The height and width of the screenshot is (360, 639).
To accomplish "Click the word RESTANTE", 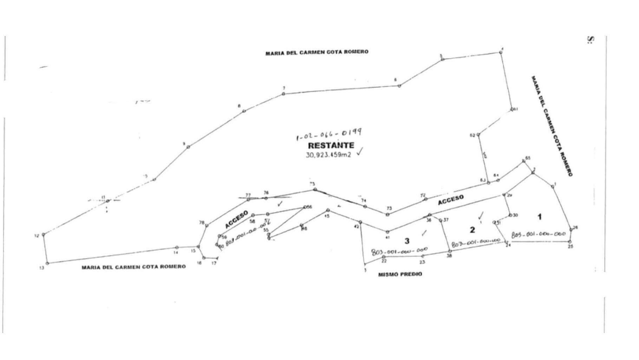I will click(x=331, y=145).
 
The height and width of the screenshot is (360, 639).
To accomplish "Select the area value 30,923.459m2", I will click(x=328, y=155).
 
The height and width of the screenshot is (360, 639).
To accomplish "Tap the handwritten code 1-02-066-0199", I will click(x=329, y=134).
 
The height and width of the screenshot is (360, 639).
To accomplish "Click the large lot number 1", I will click(x=540, y=217).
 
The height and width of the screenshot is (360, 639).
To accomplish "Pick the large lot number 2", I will click(x=472, y=230).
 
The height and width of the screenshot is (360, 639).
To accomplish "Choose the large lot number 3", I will click(x=407, y=241).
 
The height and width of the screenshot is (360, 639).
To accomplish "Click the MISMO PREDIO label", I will click(x=400, y=274).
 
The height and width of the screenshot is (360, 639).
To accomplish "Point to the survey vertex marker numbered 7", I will click(x=283, y=94).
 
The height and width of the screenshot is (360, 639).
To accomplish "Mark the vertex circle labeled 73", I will click(x=388, y=214).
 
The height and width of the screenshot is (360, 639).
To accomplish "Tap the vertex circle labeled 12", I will click(x=44, y=234).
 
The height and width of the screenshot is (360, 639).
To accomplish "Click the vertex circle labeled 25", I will click(x=569, y=241).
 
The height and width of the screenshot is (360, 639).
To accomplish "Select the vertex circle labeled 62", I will click(x=478, y=135).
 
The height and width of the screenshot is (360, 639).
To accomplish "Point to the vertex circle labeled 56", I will click(x=305, y=207).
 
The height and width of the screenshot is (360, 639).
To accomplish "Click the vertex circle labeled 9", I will click(x=188, y=147).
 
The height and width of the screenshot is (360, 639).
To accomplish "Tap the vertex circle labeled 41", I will click(x=387, y=232).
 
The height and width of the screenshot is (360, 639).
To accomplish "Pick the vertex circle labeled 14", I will click(x=177, y=247).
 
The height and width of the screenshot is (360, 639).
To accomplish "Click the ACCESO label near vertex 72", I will click(x=451, y=200).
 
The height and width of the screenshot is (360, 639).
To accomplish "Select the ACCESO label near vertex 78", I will click(x=236, y=219).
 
